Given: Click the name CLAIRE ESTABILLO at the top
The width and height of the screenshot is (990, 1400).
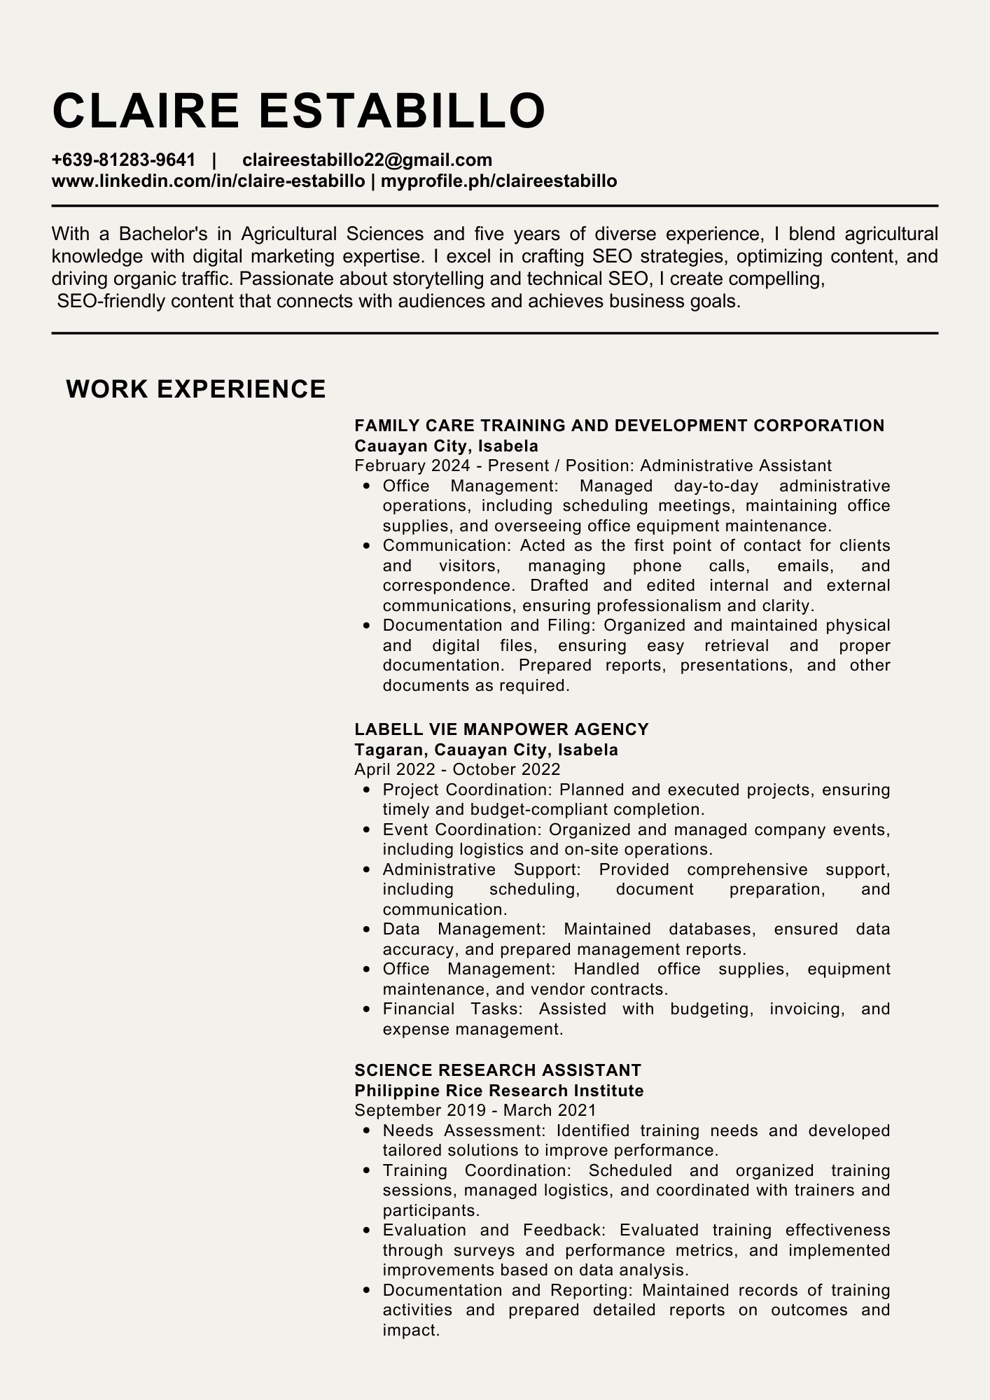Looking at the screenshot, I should point(299,110).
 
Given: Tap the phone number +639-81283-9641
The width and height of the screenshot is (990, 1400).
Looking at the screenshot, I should point(123,160).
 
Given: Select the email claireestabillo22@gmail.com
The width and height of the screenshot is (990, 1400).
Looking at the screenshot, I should point(367,160).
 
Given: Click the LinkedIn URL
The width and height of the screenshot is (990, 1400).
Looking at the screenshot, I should point(208,181).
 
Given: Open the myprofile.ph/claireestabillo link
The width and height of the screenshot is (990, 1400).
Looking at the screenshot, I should point(499,181).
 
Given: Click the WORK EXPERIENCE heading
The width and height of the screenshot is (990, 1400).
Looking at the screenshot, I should point(196,389).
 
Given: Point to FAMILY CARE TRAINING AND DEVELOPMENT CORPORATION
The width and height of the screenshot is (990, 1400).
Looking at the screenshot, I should point(619,426).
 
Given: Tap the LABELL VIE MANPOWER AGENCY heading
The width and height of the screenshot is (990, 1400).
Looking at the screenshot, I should point(501,729).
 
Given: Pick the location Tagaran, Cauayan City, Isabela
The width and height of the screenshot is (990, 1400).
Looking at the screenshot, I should point(486,750).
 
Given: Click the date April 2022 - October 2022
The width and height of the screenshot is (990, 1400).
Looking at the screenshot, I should point(457,770).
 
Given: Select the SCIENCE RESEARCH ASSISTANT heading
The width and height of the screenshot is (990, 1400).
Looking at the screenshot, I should point(498,1070).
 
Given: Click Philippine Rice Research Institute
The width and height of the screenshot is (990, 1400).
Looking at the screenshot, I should point(499,1091).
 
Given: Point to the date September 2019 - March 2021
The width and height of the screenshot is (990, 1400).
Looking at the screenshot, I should point(475,1110).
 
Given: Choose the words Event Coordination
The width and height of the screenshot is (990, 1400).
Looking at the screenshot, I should point(462,830).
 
